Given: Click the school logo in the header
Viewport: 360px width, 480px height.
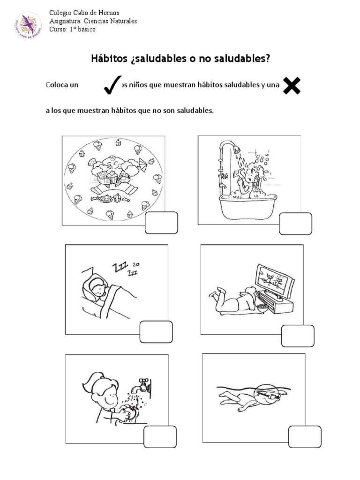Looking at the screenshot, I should click(x=28, y=25).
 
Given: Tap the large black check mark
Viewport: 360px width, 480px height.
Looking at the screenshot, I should click(x=112, y=85).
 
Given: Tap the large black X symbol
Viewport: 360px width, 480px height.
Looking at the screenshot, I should click(x=292, y=86).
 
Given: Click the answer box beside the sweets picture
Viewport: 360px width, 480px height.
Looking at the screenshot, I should click(x=161, y=223).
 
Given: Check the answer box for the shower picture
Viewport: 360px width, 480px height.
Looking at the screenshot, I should click(x=295, y=224).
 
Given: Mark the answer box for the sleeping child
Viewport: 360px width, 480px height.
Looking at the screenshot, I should click(x=156, y=332).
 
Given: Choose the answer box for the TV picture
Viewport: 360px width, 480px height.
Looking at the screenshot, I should click(x=298, y=336).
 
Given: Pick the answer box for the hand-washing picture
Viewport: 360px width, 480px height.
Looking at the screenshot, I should click(x=160, y=437).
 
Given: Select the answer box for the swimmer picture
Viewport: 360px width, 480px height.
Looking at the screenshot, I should click(x=305, y=437).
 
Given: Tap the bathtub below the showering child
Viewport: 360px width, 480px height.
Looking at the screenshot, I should click(x=249, y=206).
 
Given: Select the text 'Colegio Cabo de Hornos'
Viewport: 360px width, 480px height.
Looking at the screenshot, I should click(x=81, y=13).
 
